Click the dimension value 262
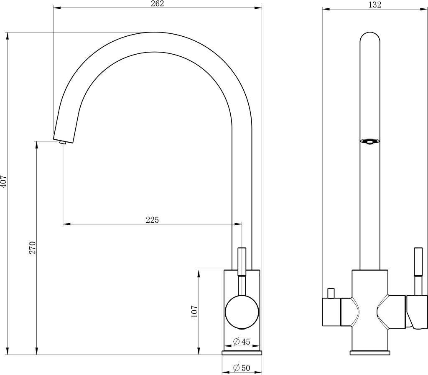tap(158, 4)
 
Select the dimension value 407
tap(3, 181)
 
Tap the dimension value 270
tap(33, 247)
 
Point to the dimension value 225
tap(152, 220)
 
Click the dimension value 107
tap(194, 311)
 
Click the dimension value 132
tap(374, 5)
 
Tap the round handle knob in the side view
tap(242, 312)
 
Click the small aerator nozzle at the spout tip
tap(63, 142)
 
